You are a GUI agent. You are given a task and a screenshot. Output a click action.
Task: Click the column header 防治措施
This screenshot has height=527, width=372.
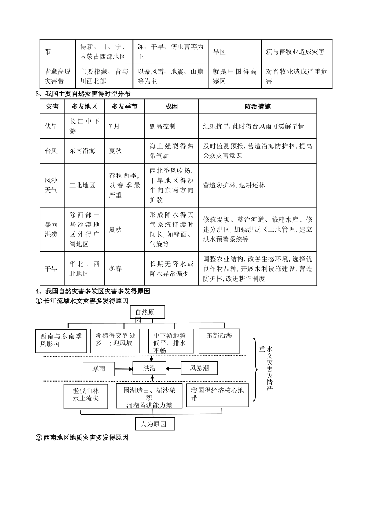coord(257,107)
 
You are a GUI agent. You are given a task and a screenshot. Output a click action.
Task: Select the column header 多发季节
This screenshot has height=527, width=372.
coord(124,107)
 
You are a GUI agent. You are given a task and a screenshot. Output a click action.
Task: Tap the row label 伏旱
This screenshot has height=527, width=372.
coord(51,126)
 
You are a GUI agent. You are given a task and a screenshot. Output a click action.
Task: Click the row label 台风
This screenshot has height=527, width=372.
coord(51,151)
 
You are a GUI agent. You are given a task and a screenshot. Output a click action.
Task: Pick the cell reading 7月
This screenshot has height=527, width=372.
coord(114,126)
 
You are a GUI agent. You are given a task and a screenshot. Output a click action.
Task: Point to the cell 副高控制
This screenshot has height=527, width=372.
coord(163,126)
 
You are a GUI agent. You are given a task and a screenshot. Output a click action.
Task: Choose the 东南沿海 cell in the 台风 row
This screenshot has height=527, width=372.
coord(83,151)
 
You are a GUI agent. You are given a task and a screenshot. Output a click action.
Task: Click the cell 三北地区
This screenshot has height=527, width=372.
coord(83,185)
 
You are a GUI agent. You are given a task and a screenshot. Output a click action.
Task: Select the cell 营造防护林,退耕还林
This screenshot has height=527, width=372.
coord(234,185)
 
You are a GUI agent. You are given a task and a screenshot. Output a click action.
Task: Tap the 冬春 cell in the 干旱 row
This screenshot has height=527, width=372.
coord(116,269)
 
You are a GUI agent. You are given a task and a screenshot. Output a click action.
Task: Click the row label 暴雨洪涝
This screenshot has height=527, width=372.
coord(51,229)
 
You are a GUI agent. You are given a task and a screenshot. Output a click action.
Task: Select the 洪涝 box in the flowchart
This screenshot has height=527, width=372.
coord(150,368)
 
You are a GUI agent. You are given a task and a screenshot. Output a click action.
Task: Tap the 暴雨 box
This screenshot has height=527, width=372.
coord(99,369)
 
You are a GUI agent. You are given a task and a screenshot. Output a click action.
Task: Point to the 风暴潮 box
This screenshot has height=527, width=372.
coord(199,368)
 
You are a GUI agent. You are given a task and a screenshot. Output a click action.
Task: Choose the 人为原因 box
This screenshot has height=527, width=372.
coord(153,424)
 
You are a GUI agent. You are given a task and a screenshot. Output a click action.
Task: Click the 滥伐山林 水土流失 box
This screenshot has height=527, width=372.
coord(86,395)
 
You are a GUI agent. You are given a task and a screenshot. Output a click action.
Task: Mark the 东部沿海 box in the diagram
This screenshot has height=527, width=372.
coord(219,340)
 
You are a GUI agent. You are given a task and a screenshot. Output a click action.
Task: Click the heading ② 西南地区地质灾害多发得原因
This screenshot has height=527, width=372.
coord(82,438)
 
